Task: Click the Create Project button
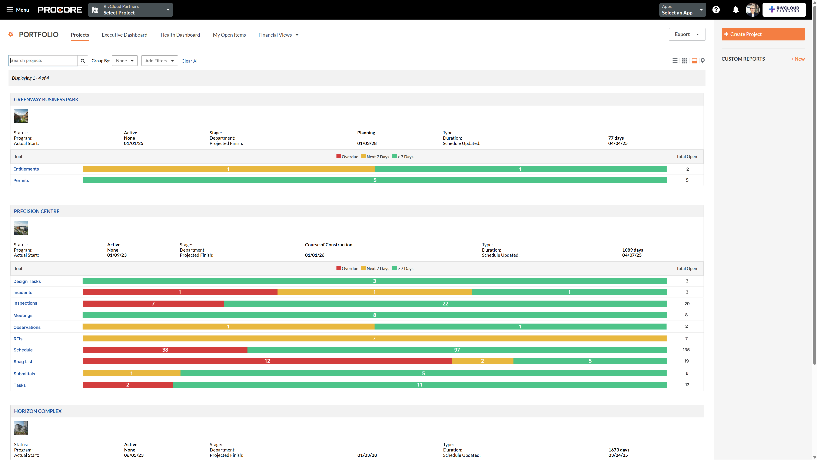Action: click(x=763, y=34)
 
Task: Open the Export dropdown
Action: click(x=687, y=34)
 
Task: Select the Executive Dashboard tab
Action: click(x=124, y=35)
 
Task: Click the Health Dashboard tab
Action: click(x=180, y=35)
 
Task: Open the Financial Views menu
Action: click(x=278, y=35)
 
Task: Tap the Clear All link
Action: click(x=190, y=61)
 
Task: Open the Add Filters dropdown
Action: click(x=159, y=61)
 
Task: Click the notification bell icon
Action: click(x=735, y=10)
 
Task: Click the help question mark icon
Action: click(x=716, y=10)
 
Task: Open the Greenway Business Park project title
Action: click(x=46, y=100)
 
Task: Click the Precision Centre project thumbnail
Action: click(x=21, y=228)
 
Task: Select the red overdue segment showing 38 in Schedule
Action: click(x=165, y=350)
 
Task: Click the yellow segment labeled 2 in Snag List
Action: click(x=482, y=361)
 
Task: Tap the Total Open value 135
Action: click(x=686, y=350)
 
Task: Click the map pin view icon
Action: click(x=703, y=61)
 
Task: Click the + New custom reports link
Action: click(x=797, y=59)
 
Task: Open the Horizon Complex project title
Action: click(x=38, y=411)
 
